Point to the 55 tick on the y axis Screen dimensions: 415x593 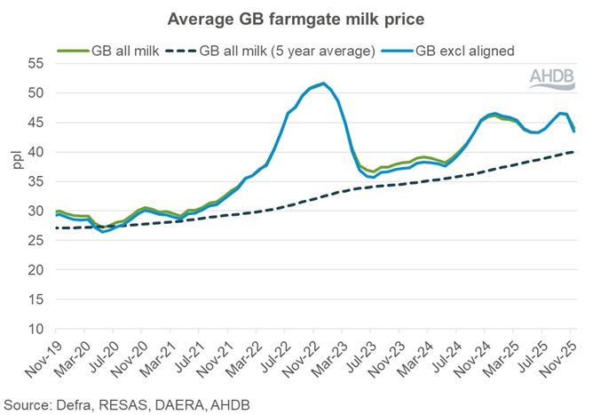34,63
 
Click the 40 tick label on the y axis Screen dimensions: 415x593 34,152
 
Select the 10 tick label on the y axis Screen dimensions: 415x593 34,330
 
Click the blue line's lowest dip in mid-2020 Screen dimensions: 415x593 105,232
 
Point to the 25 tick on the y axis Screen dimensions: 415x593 34,241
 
